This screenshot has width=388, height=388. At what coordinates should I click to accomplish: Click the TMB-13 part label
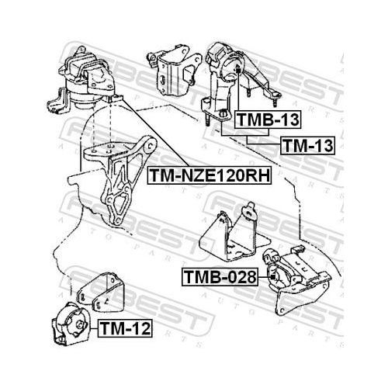(x=268, y=120)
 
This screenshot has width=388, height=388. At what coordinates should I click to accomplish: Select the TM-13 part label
(x=307, y=146)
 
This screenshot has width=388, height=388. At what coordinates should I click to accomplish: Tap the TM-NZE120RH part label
(x=210, y=175)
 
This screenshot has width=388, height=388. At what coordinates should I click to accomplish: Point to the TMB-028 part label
(x=220, y=277)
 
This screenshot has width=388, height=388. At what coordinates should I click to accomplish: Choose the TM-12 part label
(x=125, y=328)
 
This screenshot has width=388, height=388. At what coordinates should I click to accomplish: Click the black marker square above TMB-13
(x=238, y=70)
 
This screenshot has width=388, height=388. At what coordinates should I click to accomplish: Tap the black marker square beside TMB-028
(x=272, y=277)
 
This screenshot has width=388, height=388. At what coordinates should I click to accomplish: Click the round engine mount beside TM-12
(x=71, y=324)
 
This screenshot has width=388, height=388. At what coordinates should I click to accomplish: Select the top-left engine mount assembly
(x=81, y=80)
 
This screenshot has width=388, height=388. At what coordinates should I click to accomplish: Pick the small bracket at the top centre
(x=174, y=70)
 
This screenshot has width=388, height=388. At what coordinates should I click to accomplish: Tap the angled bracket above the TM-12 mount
(x=101, y=293)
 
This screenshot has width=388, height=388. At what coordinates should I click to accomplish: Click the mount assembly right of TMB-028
(x=297, y=281)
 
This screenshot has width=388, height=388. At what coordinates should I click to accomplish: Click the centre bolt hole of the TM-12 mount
(x=80, y=325)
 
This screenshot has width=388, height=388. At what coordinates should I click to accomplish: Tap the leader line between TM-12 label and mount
(x=94, y=328)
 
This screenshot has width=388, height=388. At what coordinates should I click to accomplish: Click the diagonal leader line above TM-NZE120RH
(x=154, y=133)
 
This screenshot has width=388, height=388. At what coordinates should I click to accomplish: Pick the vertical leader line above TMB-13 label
(x=238, y=92)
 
